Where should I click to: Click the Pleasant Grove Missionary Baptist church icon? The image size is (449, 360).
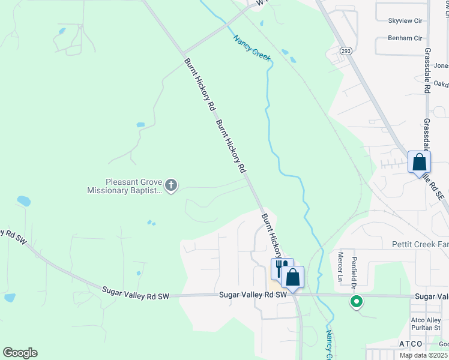point(171,185)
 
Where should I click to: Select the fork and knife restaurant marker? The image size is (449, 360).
point(280,268)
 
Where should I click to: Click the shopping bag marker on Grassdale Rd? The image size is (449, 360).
point(419,163)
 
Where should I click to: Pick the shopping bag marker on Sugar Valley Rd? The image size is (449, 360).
point(293,278)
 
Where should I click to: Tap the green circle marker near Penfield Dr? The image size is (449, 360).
point(357,302)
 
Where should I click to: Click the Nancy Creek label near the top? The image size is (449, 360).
point(252,47)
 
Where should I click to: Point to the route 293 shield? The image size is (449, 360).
point(346,52)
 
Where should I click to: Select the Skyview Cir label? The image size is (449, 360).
point(405,20)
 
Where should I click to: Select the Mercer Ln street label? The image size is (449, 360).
point(340,266)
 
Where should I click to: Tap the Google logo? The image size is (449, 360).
point(20,353)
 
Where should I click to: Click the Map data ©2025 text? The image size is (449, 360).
point(424,355)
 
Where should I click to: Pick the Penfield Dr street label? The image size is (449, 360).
point(354,269)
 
